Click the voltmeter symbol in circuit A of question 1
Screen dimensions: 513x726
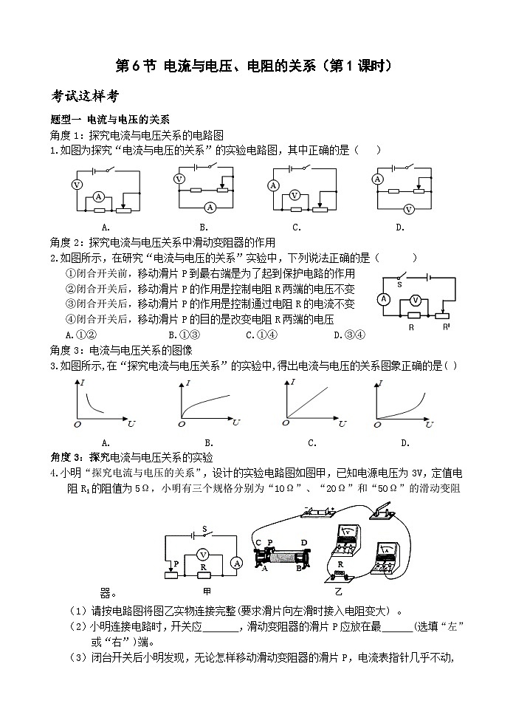78,185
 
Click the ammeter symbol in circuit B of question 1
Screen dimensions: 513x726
210,208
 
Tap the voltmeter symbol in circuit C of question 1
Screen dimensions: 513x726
295,196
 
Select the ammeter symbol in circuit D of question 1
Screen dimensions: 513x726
378,179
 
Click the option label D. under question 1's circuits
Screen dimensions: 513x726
400,227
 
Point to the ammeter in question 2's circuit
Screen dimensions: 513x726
384,300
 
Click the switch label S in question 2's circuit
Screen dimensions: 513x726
399,284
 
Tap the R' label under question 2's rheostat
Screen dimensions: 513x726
447,327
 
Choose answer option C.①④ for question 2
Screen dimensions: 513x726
261,335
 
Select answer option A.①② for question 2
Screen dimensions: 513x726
81,335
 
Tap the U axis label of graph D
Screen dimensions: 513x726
430,424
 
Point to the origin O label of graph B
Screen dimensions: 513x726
182,424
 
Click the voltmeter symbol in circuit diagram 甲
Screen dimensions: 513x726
202,554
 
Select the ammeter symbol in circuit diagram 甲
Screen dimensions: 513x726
237,563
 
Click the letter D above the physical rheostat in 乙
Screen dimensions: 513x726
304,542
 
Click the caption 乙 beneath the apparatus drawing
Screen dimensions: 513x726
338,592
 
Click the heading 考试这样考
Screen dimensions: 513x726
85,96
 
